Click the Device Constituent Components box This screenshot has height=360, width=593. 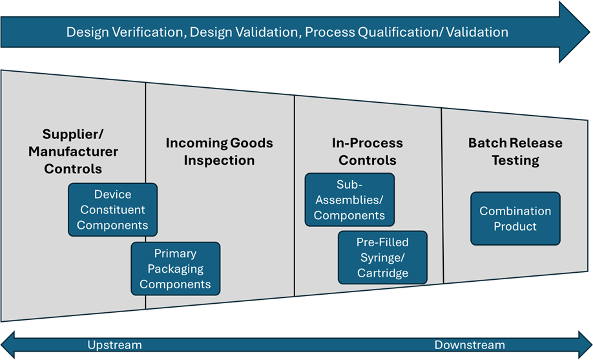[x=112, y=210]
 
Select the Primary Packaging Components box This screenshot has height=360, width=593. [x=175, y=269]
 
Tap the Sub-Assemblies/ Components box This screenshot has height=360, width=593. [x=349, y=200]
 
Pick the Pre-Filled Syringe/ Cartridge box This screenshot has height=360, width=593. [x=382, y=257]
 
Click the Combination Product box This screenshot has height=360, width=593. [x=515, y=218]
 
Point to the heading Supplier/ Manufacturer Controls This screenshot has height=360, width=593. [x=73, y=151]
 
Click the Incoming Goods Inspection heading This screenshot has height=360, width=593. [x=220, y=151]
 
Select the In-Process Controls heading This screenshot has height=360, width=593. [x=367, y=151]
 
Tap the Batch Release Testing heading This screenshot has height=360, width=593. [x=515, y=151]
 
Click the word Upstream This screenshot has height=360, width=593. [x=114, y=344]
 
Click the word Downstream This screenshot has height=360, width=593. [x=470, y=344]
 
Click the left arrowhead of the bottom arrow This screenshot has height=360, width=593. [x=8, y=344]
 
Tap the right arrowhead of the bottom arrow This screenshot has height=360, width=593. [x=585, y=344]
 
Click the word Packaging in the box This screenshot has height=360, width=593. [x=175, y=269]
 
